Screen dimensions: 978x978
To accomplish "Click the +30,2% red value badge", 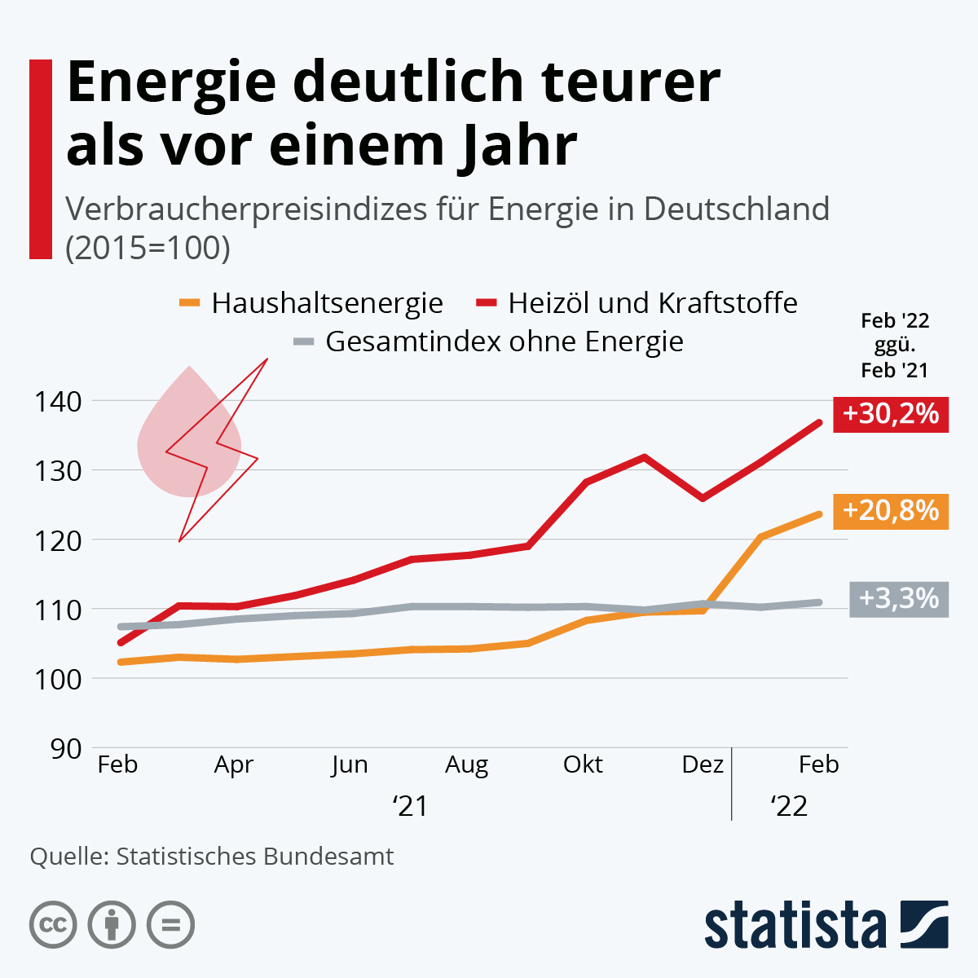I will (x=890, y=414).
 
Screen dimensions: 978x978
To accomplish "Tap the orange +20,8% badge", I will (x=890, y=511).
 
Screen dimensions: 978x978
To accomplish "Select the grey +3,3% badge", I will (x=898, y=599).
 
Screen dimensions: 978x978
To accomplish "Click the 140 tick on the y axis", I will (x=57, y=401).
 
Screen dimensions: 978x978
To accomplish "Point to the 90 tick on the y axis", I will (x=65, y=748).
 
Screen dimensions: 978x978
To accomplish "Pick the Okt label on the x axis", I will (x=583, y=764).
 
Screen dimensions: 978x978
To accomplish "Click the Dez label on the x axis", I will (x=702, y=764).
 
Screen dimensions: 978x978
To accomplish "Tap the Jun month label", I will (x=350, y=764).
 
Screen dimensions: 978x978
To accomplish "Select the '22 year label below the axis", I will (x=788, y=806).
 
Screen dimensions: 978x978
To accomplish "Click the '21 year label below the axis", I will (x=410, y=806).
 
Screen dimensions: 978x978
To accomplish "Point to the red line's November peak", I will (x=645, y=457).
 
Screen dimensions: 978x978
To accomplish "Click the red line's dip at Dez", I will (x=703, y=498).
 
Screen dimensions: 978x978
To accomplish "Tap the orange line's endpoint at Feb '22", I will (x=818, y=514).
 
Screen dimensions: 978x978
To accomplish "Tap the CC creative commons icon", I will (x=53, y=925).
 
